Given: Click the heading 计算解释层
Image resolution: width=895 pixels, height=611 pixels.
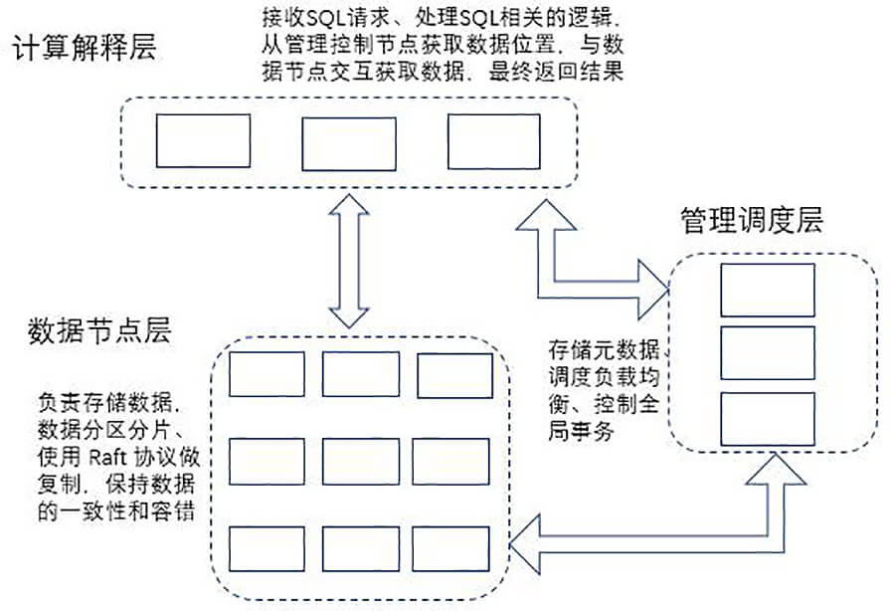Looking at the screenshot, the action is pyautogui.click(x=85, y=48).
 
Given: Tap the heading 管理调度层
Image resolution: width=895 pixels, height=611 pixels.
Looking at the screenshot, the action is pyautogui.click(x=753, y=220).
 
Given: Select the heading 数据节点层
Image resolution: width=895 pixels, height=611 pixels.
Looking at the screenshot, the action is pyautogui.click(x=99, y=331).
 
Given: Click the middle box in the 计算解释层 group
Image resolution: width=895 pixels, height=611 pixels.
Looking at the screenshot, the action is pyautogui.click(x=349, y=144).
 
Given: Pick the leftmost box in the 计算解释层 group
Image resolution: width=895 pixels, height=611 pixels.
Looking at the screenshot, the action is pyautogui.click(x=203, y=141).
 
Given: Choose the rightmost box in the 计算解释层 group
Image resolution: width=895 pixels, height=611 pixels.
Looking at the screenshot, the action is pyautogui.click(x=493, y=141).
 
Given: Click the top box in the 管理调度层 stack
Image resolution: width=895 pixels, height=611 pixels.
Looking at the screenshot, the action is pyautogui.click(x=768, y=290).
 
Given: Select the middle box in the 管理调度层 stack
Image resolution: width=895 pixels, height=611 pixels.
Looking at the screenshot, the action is pyautogui.click(x=768, y=353).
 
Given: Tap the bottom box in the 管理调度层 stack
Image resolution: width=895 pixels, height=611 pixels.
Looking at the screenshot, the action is pyautogui.click(x=768, y=419).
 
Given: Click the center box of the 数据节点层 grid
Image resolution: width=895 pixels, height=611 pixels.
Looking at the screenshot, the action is pyautogui.click(x=361, y=462).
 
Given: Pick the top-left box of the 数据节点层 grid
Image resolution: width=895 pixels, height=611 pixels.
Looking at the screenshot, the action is pyautogui.click(x=267, y=374).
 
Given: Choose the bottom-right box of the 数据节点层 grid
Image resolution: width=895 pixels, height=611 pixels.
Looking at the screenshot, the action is pyautogui.click(x=450, y=549).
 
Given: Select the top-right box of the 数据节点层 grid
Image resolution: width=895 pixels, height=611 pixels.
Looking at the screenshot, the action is pyautogui.click(x=454, y=376).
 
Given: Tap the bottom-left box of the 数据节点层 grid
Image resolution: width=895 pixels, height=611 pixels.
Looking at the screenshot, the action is pyautogui.click(x=267, y=549).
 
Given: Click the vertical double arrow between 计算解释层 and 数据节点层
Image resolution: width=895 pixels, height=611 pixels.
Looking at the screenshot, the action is pyautogui.click(x=349, y=261).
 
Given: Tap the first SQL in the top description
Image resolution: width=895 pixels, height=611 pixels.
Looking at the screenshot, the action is pyautogui.click(x=323, y=18).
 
